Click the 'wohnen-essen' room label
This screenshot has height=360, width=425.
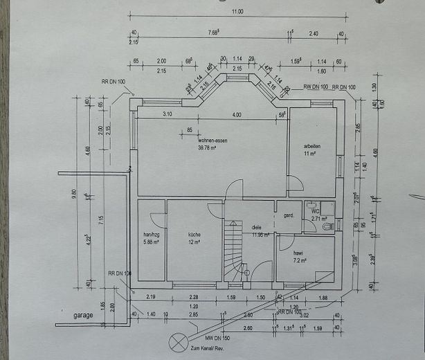(x=212, y=140)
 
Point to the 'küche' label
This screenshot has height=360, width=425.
(x=194, y=235)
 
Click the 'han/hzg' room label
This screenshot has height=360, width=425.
(x=151, y=234)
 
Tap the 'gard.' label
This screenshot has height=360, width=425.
(x=289, y=215)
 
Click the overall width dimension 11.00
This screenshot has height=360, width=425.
(x=237, y=12)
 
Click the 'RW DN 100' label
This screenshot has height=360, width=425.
(x=315, y=87)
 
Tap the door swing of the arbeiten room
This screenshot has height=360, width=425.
(x=295, y=183)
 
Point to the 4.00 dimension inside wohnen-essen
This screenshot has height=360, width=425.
(x=237, y=114)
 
